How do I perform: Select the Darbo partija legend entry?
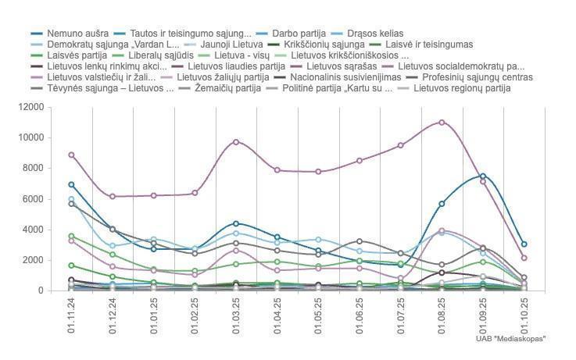(296, 34)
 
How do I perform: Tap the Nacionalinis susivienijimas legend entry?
(345, 77)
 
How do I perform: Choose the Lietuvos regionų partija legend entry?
(461, 88)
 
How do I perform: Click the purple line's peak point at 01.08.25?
(442, 122)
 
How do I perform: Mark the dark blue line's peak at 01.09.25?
(483, 176)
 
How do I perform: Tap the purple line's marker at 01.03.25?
(236, 141)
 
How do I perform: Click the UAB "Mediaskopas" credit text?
(510, 338)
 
